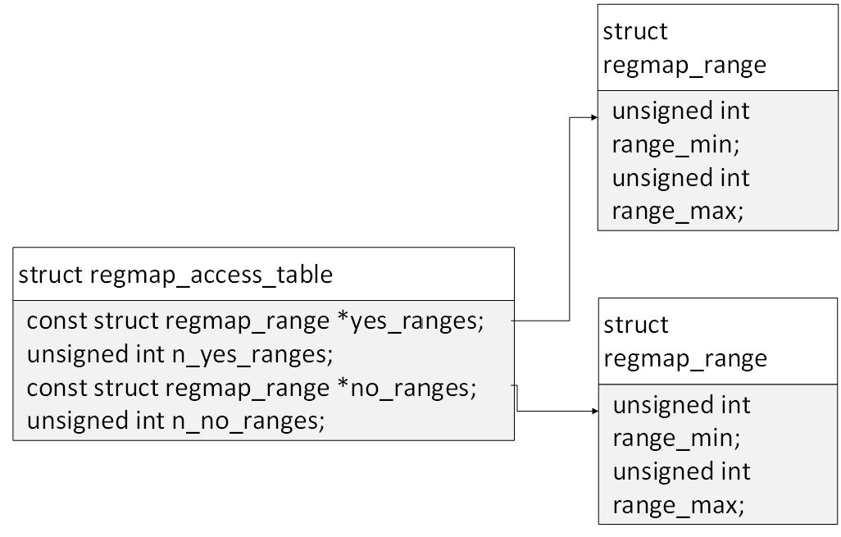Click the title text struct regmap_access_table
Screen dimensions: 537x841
coord(175,274)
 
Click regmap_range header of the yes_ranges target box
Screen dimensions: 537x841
coord(684,65)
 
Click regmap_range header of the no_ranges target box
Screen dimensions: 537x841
coord(685,358)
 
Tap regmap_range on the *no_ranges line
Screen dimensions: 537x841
coord(247,388)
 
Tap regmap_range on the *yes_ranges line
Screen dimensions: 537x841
coord(247,321)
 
